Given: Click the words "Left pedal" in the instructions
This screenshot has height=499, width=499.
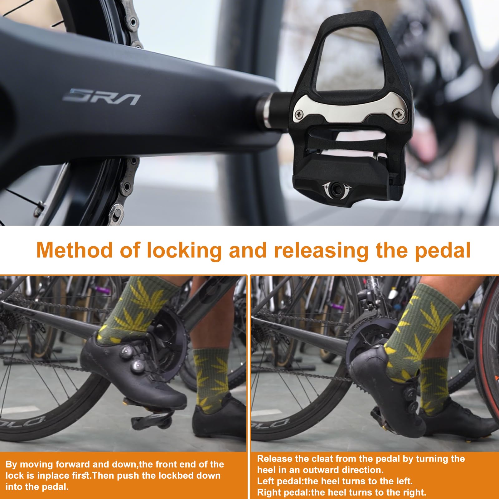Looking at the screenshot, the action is (280, 481).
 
